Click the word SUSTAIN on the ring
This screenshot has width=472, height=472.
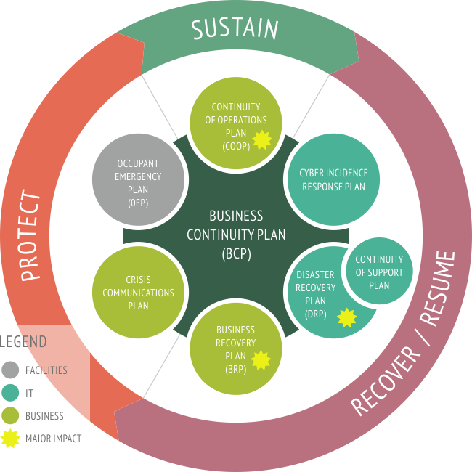click(x=235, y=29)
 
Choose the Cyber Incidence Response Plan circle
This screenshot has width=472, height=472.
click(x=333, y=179)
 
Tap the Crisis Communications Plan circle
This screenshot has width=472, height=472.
click(x=138, y=293)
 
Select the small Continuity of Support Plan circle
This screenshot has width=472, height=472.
click(x=378, y=272)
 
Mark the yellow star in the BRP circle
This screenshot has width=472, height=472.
click(x=260, y=359)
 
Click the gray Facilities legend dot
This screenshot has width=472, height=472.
click(x=10, y=370)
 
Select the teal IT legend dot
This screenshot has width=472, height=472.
click(x=10, y=393)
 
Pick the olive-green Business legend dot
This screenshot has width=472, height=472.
click(x=10, y=416)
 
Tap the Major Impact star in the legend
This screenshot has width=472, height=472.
click(x=10, y=439)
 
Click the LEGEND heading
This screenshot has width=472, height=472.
click(x=23, y=341)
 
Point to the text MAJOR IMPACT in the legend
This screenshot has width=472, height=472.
click(x=53, y=439)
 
